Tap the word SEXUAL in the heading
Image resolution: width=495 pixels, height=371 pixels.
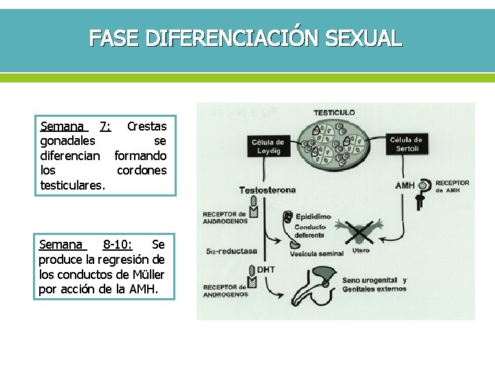coord(364,38)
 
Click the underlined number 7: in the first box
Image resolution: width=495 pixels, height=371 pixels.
coord(105,126)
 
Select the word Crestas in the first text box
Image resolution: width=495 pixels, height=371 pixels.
coord(146,126)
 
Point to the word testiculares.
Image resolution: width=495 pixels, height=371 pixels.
coord(73,185)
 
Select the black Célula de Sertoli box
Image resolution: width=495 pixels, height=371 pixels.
coord(406,144)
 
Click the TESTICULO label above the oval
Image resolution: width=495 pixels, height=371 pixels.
coord(334,112)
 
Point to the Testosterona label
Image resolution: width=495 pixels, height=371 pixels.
coord(267,190)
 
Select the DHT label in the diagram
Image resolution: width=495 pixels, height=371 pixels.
coord(265,269)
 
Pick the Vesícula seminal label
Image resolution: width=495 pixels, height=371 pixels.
coord(317,254)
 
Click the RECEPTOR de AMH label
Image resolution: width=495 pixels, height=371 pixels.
coord(452,186)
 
